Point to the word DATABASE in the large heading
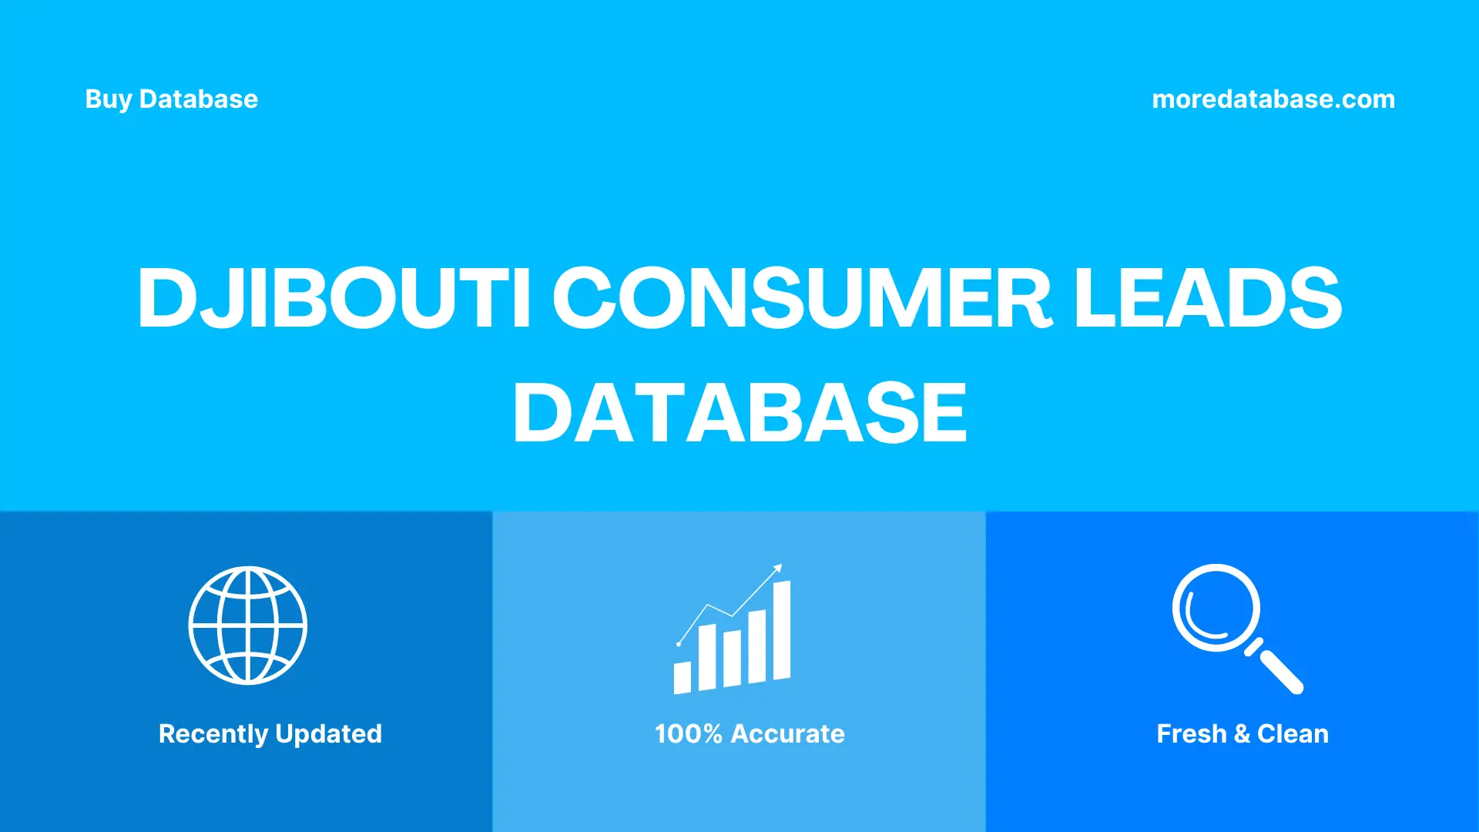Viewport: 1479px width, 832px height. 739,413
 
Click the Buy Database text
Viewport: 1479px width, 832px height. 171,99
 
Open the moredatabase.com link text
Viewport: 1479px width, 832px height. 1273,99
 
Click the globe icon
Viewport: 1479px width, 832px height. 248,626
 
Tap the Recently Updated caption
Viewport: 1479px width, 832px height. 270,733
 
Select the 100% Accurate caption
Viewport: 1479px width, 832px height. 750,733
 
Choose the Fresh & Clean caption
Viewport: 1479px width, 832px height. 1242,733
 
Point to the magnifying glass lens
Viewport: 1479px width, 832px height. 1216,608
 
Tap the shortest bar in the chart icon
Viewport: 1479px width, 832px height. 682,678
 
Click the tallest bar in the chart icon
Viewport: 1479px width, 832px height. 782,630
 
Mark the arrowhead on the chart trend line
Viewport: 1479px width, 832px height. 778,569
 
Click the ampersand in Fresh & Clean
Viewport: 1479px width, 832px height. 1241,733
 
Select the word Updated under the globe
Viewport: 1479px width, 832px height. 328,733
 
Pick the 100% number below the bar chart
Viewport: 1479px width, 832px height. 688,733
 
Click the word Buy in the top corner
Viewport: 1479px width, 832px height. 108,99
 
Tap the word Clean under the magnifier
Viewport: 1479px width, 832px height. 1293,733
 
